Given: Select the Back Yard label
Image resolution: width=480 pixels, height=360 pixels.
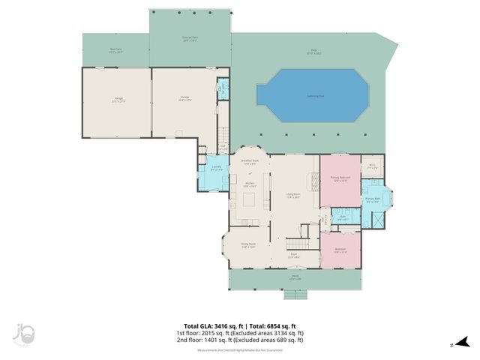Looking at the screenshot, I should [115, 52].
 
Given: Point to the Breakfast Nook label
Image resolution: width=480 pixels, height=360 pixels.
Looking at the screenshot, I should [250, 162].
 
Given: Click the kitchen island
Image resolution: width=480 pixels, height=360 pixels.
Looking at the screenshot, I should [250, 200].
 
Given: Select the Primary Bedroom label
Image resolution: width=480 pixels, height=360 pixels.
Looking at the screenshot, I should [340, 180].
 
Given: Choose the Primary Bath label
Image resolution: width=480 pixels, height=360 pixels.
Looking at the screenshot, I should [373, 200].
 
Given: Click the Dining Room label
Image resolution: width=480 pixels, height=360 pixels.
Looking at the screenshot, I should [248, 244].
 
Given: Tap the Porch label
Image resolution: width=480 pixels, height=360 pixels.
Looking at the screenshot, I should [295, 277].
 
